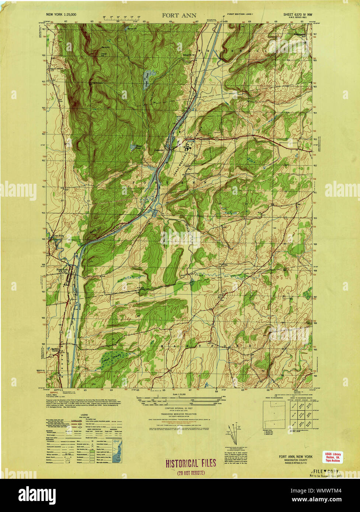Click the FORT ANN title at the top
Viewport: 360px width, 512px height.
[x=180, y=15]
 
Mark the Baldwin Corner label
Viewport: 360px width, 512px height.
[x=56, y=349]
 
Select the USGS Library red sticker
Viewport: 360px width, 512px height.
[x=333, y=457]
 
